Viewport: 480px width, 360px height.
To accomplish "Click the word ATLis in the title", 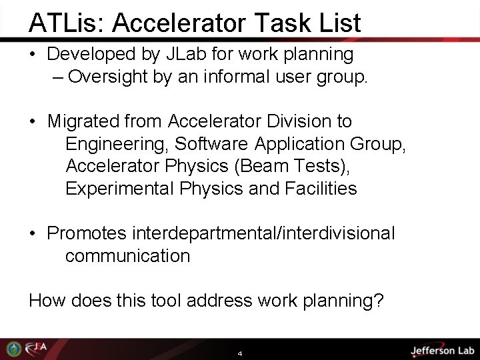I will click(x=65, y=23).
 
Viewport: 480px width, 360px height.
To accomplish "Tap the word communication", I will click(x=127, y=256).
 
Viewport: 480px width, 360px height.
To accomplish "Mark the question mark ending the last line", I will click(x=379, y=301).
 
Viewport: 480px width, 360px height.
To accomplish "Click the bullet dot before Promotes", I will click(x=33, y=234).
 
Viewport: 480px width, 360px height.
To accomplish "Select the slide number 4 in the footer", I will click(x=240, y=353).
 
